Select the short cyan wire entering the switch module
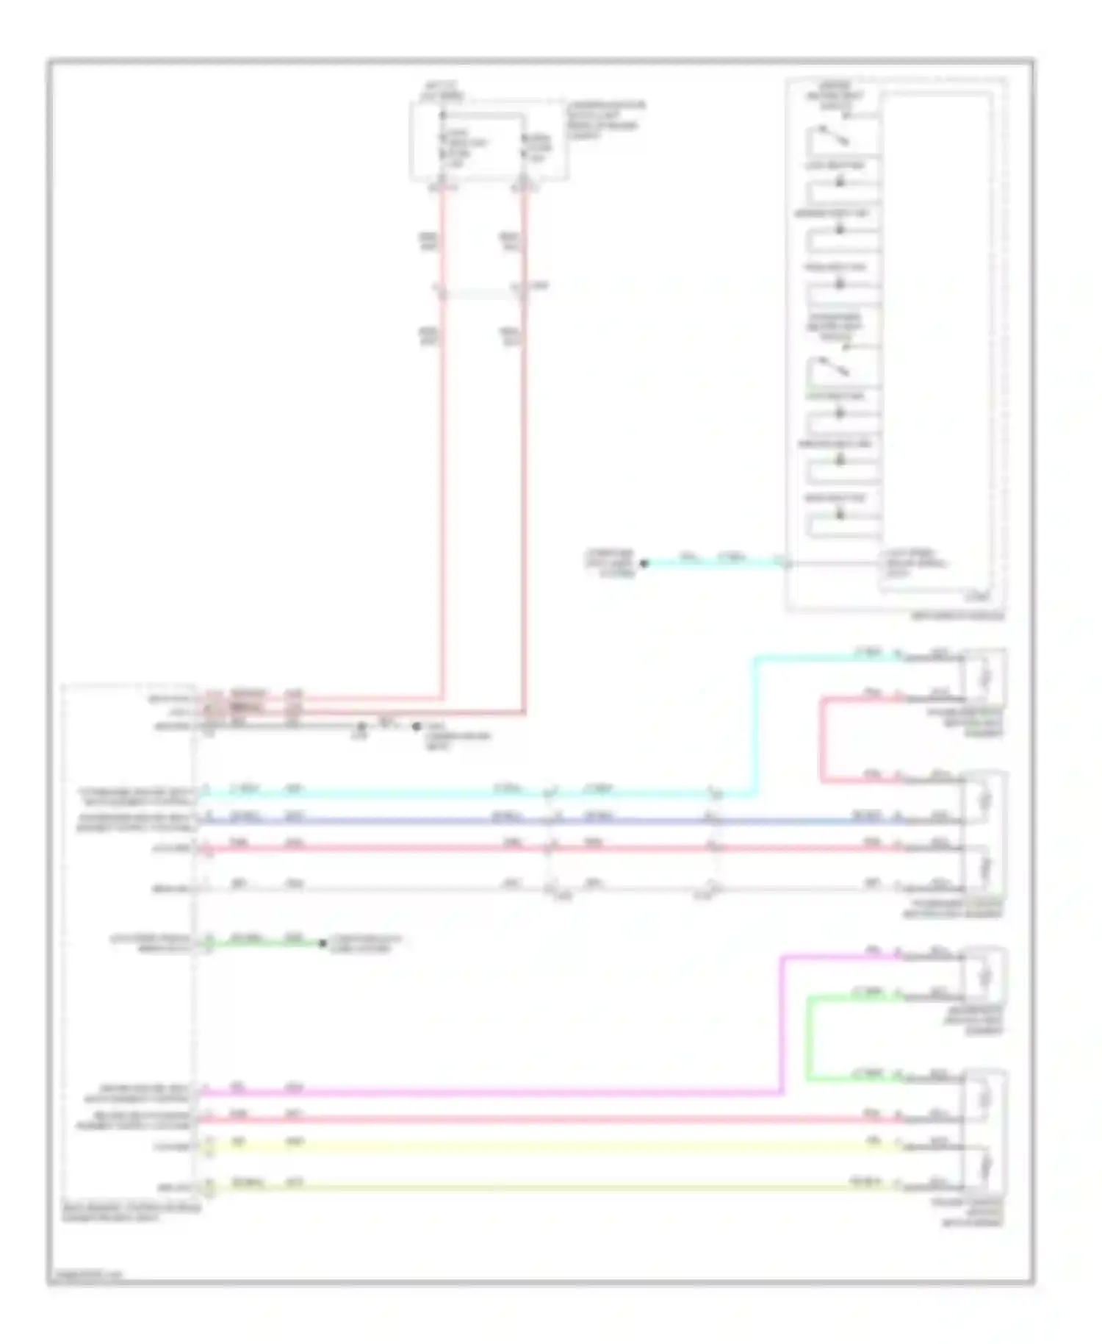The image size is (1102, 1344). [x=713, y=564]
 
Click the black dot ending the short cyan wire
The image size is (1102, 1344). [x=644, y=564]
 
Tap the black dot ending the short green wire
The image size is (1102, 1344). [x=322, y=943]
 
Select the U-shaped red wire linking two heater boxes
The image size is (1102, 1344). [x=821, y=739]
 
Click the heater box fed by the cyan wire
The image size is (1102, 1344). [x=984, y=675]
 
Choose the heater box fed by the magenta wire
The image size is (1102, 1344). [x=984, y=975]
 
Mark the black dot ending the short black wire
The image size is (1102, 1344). [x=416, y=726]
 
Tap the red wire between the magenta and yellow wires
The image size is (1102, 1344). [x=514, y=1120]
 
